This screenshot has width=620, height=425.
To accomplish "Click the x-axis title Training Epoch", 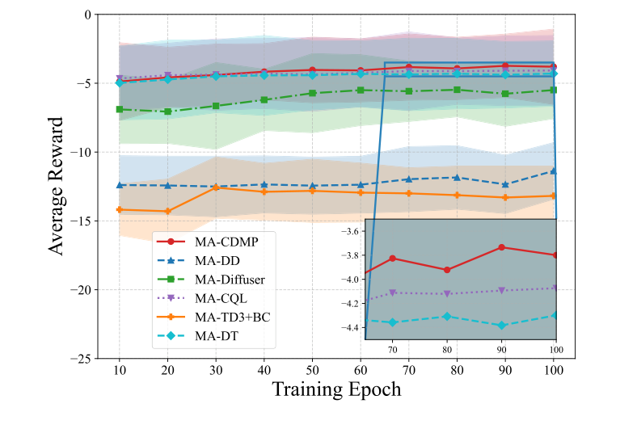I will (336, 389).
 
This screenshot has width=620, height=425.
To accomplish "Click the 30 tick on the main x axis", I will (216, 368).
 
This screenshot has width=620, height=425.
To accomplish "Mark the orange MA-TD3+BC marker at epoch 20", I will (167, 212).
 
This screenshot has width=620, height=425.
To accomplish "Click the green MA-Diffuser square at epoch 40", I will (264, 99).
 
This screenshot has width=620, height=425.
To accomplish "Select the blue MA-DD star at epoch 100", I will (554, 170).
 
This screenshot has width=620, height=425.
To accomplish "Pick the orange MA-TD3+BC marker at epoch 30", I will (216, 187).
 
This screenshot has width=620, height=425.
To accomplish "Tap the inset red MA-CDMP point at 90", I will (502, 247).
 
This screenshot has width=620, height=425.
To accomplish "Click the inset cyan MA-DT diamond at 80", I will (447, 316).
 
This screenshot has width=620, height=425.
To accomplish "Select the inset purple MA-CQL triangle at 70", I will (393, 292).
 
